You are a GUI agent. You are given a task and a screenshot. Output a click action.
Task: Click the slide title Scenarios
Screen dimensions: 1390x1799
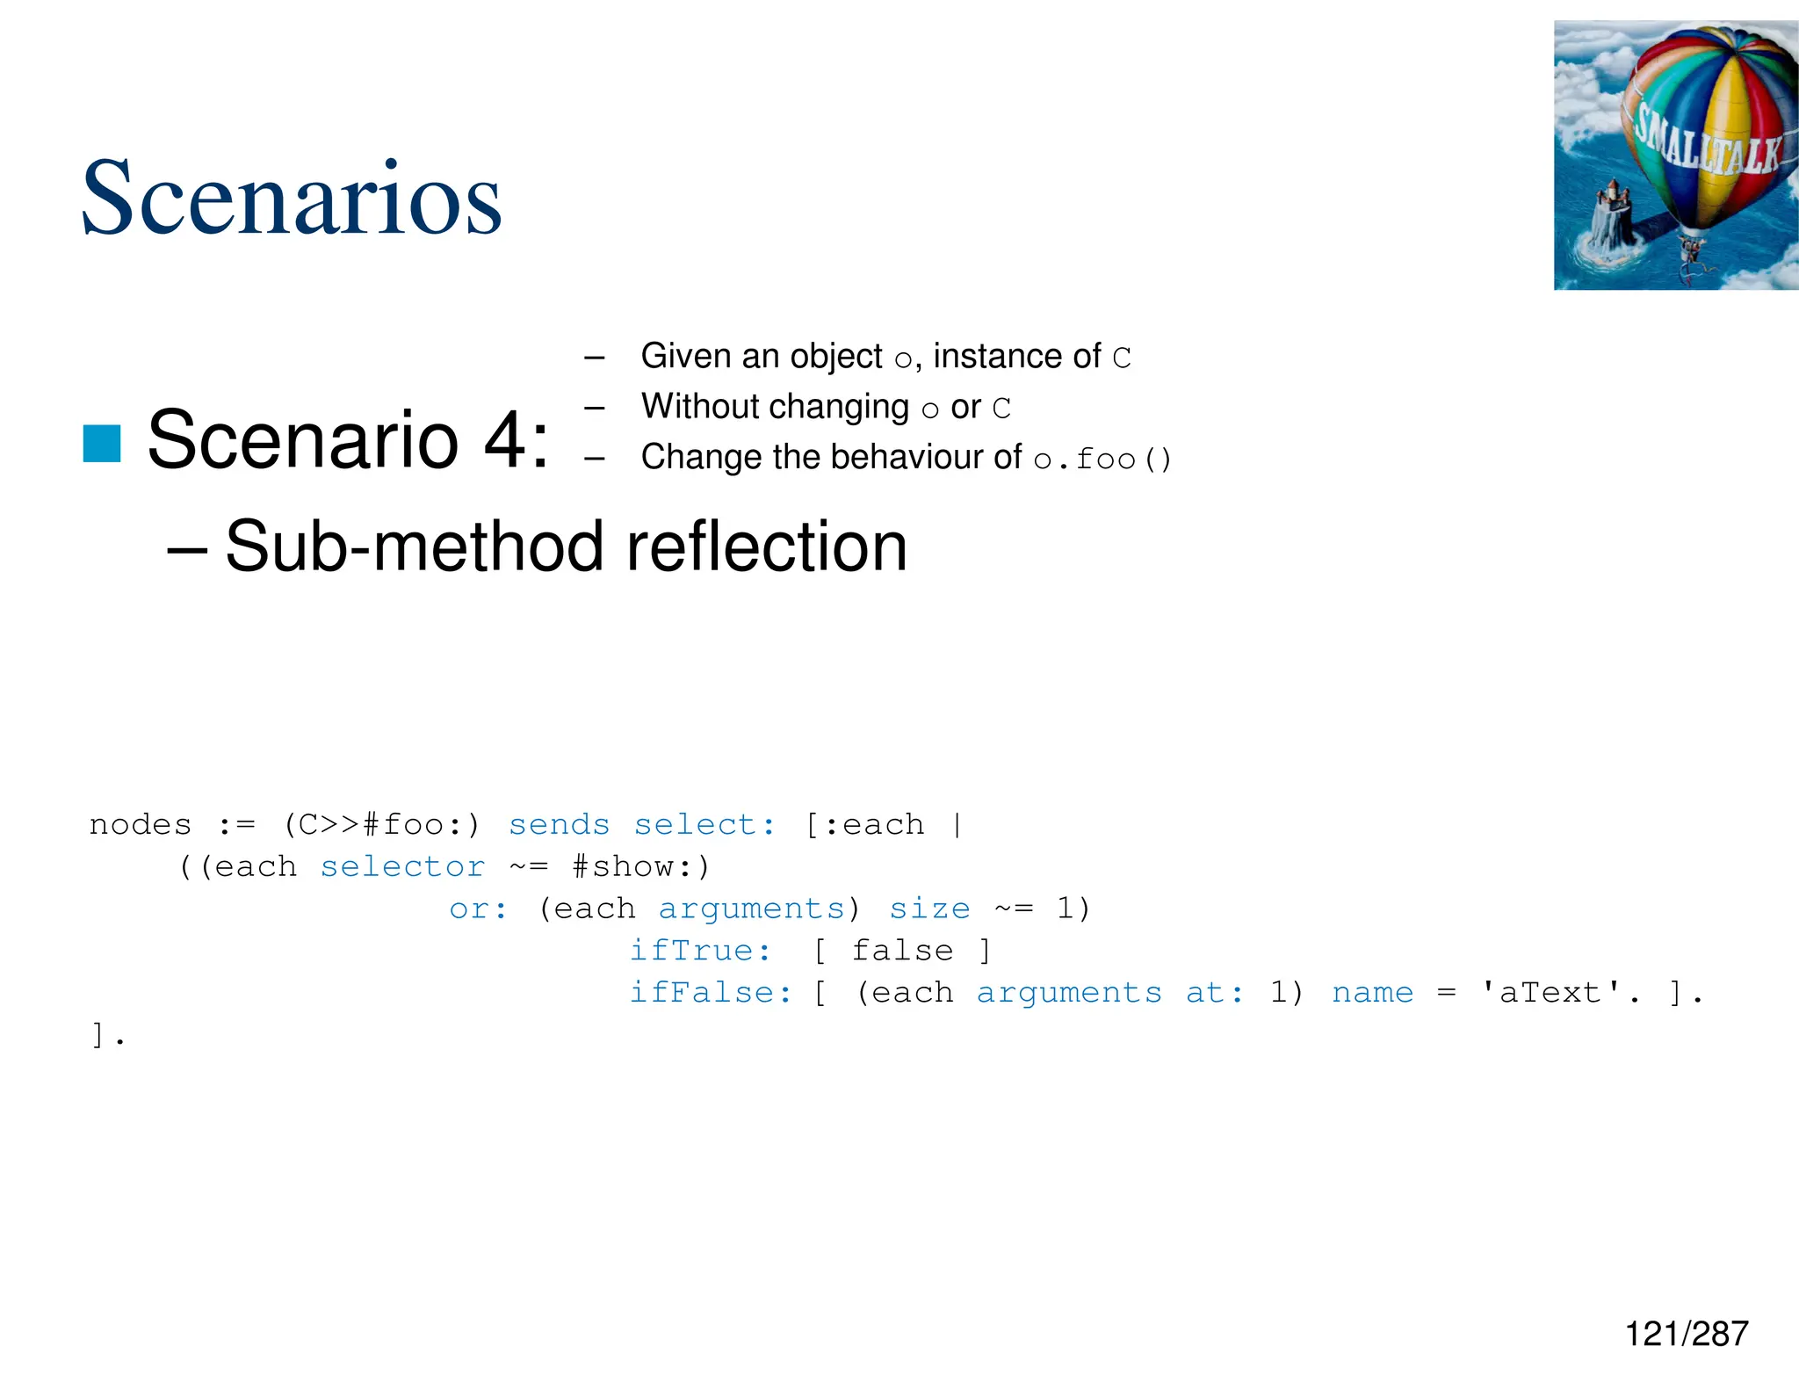291,199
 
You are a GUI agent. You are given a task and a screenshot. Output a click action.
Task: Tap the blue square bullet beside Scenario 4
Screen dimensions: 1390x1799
102,443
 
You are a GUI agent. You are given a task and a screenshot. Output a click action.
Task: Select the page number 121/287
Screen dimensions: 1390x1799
1686,1334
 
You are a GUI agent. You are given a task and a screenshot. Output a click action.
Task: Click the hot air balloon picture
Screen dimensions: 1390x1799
1675,156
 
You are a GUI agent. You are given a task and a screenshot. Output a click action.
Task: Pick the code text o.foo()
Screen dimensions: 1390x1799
1102,459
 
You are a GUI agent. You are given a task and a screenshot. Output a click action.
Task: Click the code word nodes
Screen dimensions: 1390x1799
141,825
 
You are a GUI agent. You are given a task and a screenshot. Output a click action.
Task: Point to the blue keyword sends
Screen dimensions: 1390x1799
559,825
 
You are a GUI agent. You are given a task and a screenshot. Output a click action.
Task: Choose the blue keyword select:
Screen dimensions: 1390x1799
704,825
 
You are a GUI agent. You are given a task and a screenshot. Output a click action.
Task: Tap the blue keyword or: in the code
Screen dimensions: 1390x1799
478,909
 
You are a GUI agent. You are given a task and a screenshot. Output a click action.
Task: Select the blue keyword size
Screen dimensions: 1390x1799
929,909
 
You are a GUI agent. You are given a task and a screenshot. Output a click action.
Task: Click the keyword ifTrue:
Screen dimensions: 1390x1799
700,951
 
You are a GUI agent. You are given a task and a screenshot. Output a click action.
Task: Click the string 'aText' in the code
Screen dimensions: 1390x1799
1550,993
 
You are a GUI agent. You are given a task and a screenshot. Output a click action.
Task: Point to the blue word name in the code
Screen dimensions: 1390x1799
1372,993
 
